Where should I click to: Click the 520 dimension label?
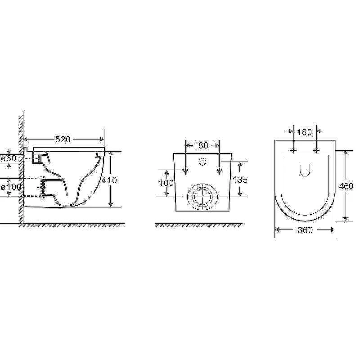[x=63, y=139]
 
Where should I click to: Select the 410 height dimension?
[x=109, y=180]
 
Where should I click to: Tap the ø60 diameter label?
[x=9, y=158]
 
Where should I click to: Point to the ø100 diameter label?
[x=11, y=187]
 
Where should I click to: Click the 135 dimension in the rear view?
[x=240, y=180]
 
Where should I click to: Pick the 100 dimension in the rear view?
[x=166, y=183]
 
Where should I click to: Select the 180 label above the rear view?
[x=201, y=145]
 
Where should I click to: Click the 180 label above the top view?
[x=305, y=132]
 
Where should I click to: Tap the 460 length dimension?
[x=346, y=186]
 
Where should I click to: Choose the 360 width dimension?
[x=305, y=230]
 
